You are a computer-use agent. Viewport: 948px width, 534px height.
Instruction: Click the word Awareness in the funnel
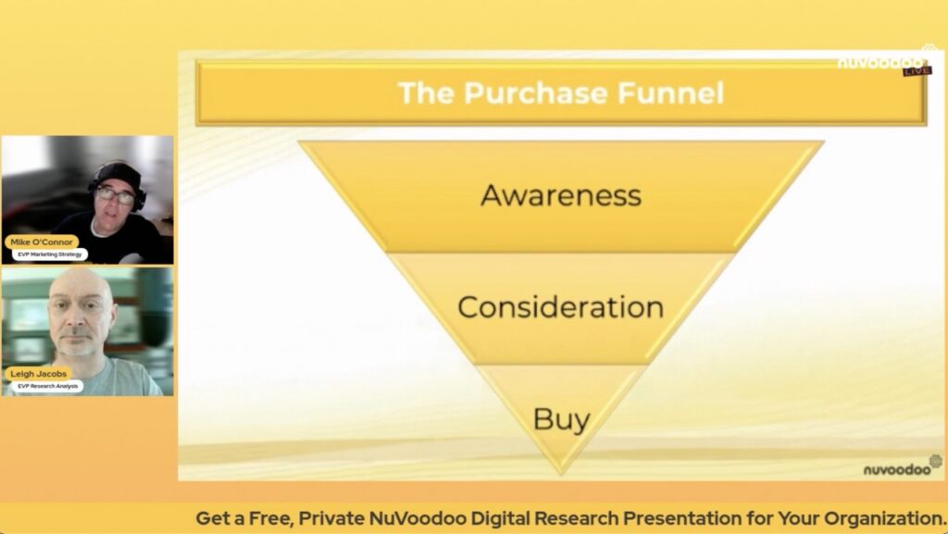[561, 195]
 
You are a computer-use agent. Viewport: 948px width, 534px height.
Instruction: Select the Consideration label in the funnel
[560, 307]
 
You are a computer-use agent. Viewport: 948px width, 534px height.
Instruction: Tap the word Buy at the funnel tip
[562, 419]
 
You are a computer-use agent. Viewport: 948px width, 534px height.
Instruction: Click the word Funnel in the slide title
[670, 93]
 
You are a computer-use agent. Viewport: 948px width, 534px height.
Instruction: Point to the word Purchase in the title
[536, 93]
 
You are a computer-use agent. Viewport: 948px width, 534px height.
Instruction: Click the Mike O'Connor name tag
[42, 242]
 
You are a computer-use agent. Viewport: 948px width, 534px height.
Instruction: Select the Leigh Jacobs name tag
[39, 374]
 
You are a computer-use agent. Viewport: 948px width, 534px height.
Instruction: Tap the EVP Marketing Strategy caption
[50, 255]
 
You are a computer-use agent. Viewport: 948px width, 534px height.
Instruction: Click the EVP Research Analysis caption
[48, 386]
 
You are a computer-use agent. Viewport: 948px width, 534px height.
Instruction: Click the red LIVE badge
[917, 71]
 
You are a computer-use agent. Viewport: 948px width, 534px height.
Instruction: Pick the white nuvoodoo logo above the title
[880, 62]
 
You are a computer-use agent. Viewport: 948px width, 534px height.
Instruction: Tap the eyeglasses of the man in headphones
[115, 195]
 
